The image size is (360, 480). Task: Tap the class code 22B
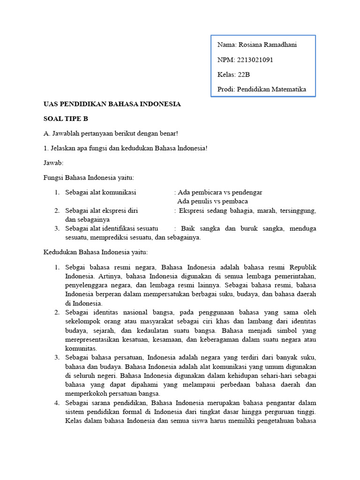click(244, 75)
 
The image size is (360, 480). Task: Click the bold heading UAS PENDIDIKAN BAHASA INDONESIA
click(112, 104)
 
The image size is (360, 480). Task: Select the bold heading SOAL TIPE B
click(66, 119)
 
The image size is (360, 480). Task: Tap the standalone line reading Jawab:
click(53, 163)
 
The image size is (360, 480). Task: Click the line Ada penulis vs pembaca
click(212, 201)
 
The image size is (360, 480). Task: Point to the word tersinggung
click(298, 210)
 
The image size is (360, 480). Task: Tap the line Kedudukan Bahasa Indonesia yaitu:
click(96, 252)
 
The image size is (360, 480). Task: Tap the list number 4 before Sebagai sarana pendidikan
click(56, 403)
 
